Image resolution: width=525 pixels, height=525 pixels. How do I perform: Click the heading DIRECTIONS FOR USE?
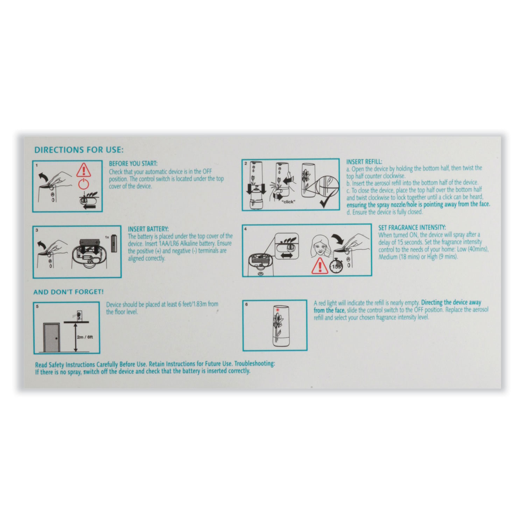[79, 150]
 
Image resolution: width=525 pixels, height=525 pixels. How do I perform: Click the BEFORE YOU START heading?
[133, 163]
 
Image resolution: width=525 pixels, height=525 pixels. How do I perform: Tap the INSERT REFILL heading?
[364, 162]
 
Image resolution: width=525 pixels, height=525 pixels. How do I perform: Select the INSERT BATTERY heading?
[148, 229]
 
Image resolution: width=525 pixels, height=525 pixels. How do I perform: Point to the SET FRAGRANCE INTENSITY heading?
[412, 227]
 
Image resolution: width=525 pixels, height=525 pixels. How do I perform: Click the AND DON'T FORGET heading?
[69, 292]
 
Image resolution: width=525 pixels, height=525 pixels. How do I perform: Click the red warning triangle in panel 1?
[84, 170]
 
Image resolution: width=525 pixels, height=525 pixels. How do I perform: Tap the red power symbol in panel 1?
[84, 183]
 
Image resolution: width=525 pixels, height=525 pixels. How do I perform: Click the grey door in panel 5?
[51, 338]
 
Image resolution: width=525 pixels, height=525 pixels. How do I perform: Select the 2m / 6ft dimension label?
[85, 337]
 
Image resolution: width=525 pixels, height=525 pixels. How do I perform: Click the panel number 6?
[246, 304]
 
